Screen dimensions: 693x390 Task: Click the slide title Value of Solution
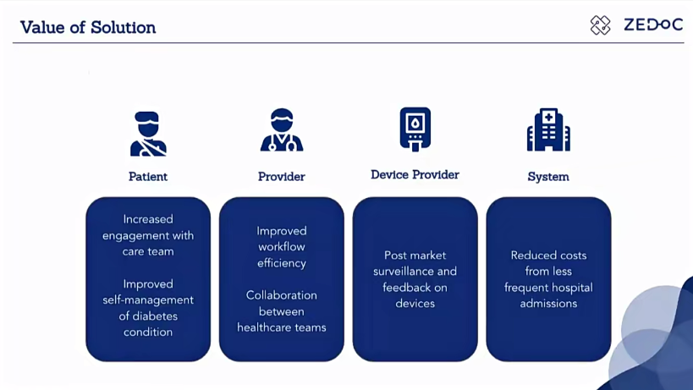click(88, 27)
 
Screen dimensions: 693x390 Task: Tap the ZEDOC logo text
click(653, 25)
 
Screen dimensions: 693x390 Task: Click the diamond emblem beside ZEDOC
click(600, 25)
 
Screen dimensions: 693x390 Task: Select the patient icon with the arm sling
click(148, 134)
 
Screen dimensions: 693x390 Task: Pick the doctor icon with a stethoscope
click(282, 130)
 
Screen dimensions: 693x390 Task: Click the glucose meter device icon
click(415, 129)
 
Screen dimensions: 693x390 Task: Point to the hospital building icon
click(548, 129)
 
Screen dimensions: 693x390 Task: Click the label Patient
click(148, 177)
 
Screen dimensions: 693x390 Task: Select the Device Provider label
click(415, 175)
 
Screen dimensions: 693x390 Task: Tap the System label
click(548, 177)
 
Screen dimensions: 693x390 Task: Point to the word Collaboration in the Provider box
click(282, 295)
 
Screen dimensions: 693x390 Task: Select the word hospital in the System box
click(573, 288)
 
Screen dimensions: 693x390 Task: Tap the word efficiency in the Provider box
click(282, 263)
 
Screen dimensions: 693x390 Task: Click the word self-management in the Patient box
click(148, 300)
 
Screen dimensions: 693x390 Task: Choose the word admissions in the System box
click(548, 304)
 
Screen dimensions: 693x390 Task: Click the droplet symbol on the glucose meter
click(415, 124)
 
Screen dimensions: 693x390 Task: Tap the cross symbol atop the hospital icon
click(548, 117)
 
